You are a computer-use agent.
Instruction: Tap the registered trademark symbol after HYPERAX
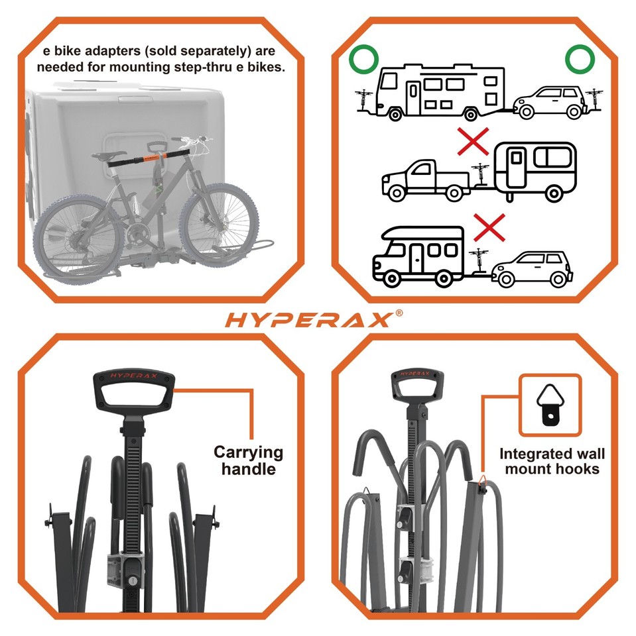pyautogui.click(x=399, y=313)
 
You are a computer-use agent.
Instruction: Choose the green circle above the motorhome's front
pyautogui.click(x=363, y=61)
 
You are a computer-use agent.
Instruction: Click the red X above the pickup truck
pyautogui.click(x=473, y=141)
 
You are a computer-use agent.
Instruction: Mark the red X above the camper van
pyautogui.click(x=489, y=227)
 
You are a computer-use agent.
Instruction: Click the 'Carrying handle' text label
pyautogui.click(x=248, y=461)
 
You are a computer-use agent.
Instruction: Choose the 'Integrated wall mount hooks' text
pyautogui.click(x=552, y=462)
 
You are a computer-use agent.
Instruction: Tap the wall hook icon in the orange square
pyautogui.click(x=550, y=405)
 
